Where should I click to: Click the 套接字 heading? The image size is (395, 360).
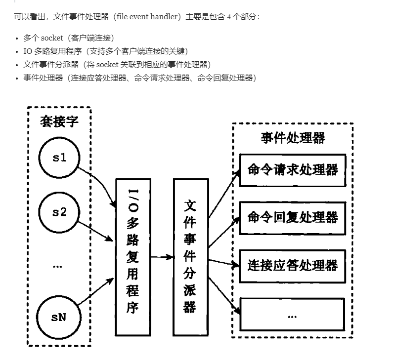point(59,121)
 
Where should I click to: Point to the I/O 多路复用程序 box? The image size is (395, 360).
point(132,256)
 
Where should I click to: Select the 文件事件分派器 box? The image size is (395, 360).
point(190,257)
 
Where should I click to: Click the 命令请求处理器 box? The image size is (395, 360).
point(292,170)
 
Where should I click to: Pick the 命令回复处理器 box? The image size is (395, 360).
point(292,217)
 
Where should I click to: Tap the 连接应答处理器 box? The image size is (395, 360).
point(292,266)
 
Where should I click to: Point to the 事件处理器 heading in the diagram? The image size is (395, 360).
point(293,138)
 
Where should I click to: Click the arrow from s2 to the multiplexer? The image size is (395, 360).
point(94,228)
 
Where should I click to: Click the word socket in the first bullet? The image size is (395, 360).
point(52,38)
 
